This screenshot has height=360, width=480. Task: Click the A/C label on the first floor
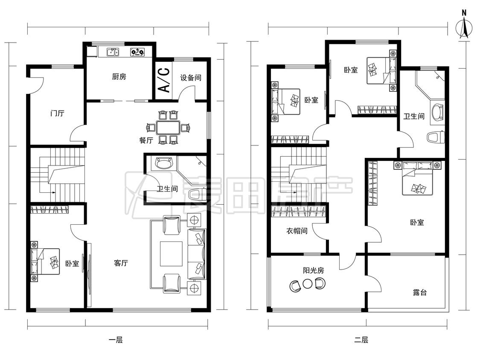pos(165,80)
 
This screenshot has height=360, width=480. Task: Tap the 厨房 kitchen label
pos(119,76)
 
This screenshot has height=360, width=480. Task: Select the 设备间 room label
pos(191,78)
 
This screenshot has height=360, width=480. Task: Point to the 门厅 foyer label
pos(57,113)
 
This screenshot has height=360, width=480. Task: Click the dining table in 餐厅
pos(168,128)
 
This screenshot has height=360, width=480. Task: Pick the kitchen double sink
pos(113,52)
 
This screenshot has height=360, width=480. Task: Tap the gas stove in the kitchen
pos(137,52)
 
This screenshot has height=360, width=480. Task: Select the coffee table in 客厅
pos(171,254)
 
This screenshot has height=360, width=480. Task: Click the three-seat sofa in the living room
pos(197,254)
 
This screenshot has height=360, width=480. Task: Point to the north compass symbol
pos(464,26)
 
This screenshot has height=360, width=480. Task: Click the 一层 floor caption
pos(116,340)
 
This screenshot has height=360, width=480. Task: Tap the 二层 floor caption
pos(361,340)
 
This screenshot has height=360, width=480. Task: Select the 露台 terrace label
pos(419,292)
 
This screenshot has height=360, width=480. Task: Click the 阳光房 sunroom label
pos(314,270)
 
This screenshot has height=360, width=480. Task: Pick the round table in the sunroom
pos(307,284)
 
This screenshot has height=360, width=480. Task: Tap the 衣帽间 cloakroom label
pos(297,231)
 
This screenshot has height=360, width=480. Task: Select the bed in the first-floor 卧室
pos(45,261)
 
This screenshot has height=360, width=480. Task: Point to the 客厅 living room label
pos(121,263)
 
